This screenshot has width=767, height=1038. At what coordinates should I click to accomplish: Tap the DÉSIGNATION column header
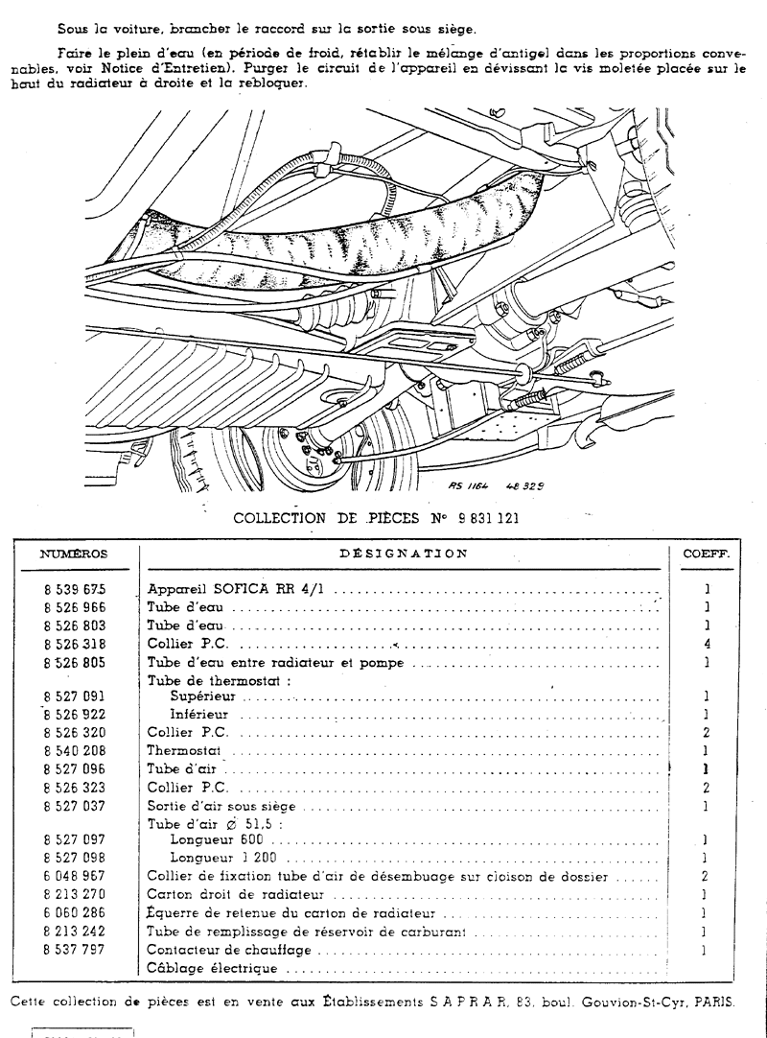tap(404, 554)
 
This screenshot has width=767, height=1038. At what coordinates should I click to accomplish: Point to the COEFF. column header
tap(707, 554)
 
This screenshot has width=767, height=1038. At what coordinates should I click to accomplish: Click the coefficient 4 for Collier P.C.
tap(707, 644)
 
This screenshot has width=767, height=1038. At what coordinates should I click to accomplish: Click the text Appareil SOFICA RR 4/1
tap(235, 590)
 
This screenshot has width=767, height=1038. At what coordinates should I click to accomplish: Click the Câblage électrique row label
tap(212, 968)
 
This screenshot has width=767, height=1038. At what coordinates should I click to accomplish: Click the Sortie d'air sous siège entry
tap(221, 806)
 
